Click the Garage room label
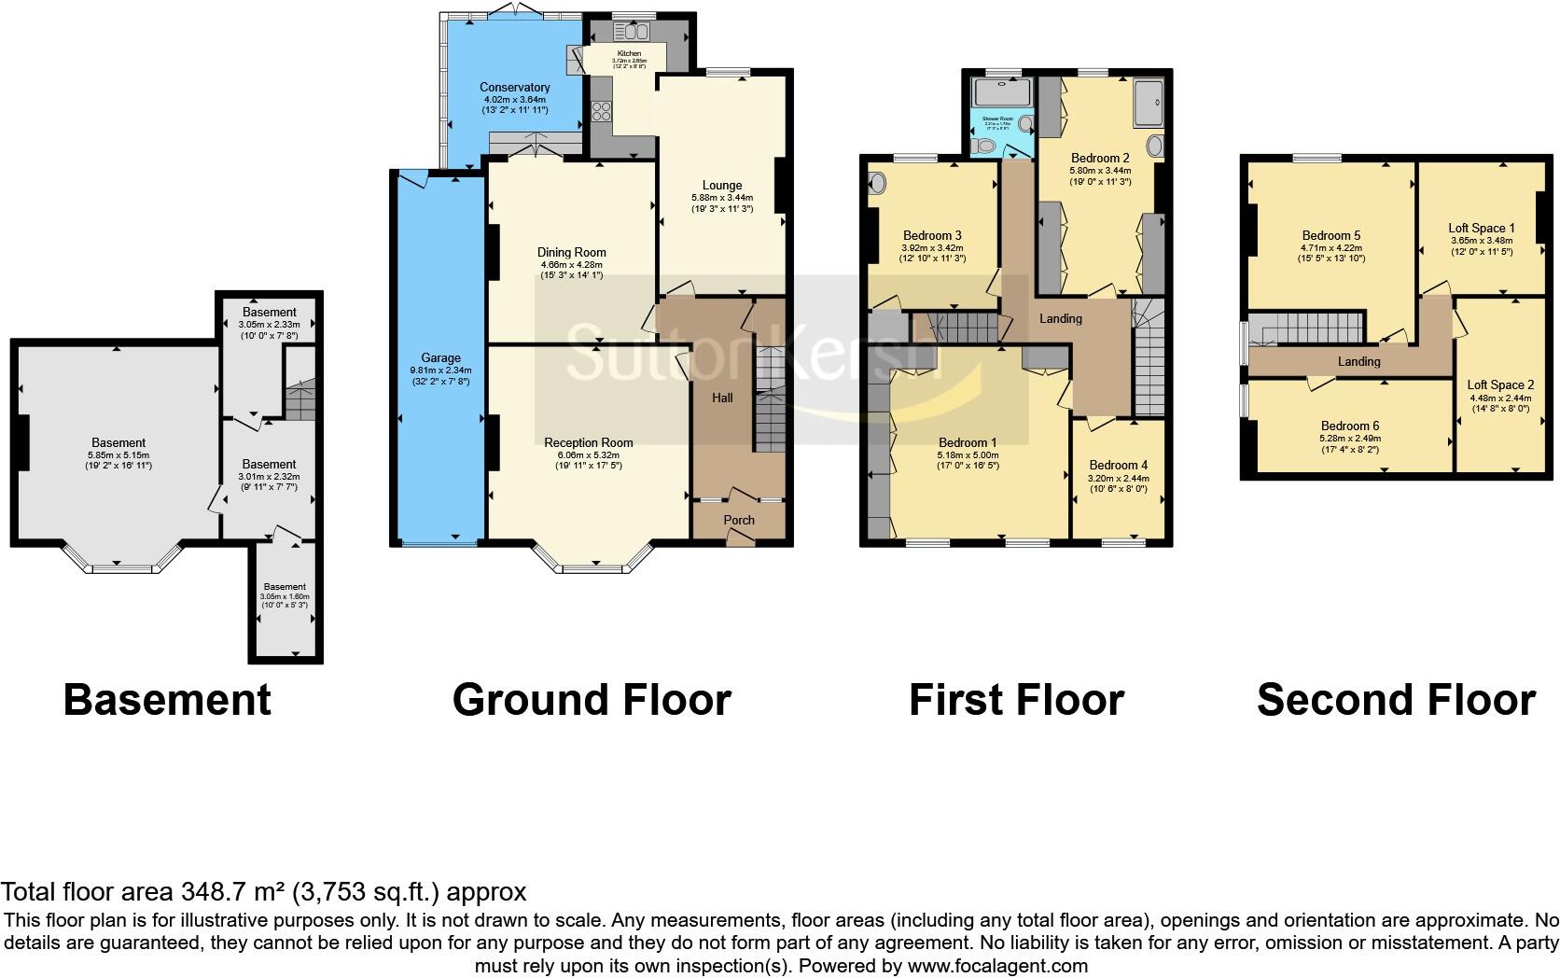click(x=440, y=357)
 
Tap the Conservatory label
click(x=515, y=88)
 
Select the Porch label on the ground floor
click(x=739, y=520)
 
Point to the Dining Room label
click(x=571, y=252)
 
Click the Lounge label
click(x=721, y=186)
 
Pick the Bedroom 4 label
click(x=1118, y=465)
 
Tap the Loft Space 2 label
click(x=1500, y=384)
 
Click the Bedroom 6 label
click(x=1349, y=426)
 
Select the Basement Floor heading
click(x=167, y=700)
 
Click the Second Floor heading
click(x=1395, y=700)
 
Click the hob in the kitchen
click(x=599, y=112)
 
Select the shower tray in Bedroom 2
click(x=1149, y=103)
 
